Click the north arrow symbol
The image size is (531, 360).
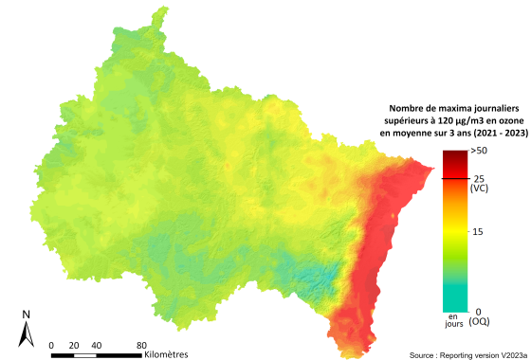pyautogui.click(x=27, y=333)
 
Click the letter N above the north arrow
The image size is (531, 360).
pyautogui.click(x=27, y=315)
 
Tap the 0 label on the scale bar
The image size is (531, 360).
pyautogui.click(x=52, y=344)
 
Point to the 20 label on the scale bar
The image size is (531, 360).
pyautogui.click(x=74, y=344)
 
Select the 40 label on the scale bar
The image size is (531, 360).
pyautogui.click(x=97, y=344)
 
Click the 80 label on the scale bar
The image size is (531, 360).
pyautogui.click(x=141, y=344)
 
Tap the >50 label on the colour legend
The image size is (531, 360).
pyautogui.click(x=479, y=152)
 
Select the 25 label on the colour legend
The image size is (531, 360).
pyautogui.click(x=478, y=178)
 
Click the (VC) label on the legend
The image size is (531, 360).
pyautogui.click(x=479, y=189)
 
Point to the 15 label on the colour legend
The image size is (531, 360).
pyautogui.click(x=478, y=231)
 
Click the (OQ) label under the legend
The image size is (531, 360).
pyautogui.click(x=480, y=322)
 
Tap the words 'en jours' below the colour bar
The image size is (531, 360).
pyautogui.click(x=454, y=319)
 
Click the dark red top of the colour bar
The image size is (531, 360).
pyautogui.click(x=454, y=156)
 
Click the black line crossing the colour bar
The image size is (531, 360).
pyautogui.click(x=454, y=178)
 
